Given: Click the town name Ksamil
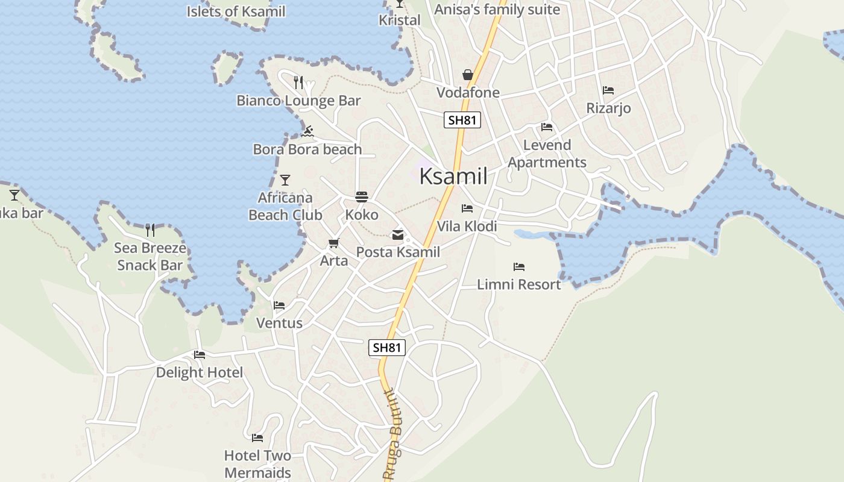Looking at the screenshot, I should click(x=453, y=176).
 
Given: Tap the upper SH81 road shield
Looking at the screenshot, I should click(x=462, y=120).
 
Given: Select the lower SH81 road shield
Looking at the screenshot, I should click(x=387, y=347).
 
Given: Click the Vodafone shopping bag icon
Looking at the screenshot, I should click(x=467, y=75).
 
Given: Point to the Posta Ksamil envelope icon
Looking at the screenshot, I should click(x=398, y=235).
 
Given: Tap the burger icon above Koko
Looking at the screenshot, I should click(x=362, y=197).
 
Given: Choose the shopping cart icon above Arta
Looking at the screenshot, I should click(x=333, y=243).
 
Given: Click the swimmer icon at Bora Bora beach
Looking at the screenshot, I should click(x=307, y=131).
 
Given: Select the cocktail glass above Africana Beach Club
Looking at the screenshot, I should click(x=285, y=180).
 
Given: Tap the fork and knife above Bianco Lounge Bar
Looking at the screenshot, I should click(x=298, y=83).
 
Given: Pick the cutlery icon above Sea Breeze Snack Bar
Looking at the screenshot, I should click(x=150, y=230).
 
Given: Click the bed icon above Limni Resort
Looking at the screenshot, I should click(x=518, y=266).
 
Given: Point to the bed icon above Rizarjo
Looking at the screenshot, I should click(x=608, y=90).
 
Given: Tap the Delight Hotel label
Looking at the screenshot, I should click(x=200, y=372).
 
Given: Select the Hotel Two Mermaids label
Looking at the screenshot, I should click(x=258, y=464).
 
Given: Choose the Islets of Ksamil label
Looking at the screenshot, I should click(x=236, y=11).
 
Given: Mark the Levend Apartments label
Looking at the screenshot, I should click(x=547, y=154).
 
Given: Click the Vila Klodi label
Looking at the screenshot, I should click(x=467, y=226).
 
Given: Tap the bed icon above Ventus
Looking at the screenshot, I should click(x=279, y=305).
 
